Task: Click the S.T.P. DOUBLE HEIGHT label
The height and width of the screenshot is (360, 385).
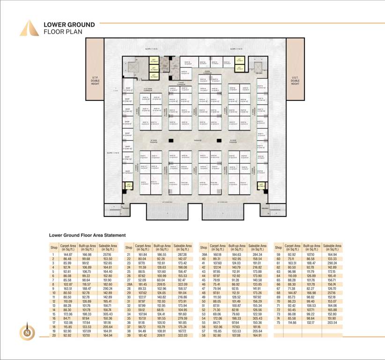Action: tap(95, 81)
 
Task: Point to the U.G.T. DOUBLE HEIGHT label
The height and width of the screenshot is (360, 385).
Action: tap(295, 81)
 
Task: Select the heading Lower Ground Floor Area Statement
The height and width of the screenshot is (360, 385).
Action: tap(88, 235)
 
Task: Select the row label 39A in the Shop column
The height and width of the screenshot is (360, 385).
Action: tap(204, 255)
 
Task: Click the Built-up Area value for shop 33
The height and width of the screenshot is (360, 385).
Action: tap(161, 310)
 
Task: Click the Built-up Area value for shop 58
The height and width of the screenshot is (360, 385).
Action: tap(236, 336)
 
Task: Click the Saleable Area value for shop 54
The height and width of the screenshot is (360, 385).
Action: tap(257, 318)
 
